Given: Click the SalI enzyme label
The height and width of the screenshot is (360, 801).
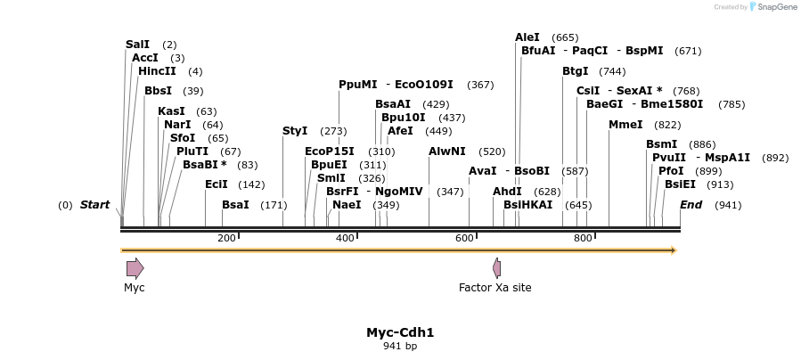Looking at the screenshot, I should [138, 44].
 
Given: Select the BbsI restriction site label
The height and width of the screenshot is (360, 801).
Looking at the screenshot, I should [158, 90].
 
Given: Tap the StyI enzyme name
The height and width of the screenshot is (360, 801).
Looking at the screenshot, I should [295, 131].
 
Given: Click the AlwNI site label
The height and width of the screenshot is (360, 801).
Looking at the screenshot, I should [446, 151].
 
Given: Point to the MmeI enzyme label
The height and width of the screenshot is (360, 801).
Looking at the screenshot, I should [625, 125].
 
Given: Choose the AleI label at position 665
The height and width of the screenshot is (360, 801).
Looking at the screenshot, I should [527, 37].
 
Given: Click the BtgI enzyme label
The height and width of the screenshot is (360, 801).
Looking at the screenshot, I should [576, 71].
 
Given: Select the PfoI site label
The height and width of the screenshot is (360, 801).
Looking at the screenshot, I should [671, 171].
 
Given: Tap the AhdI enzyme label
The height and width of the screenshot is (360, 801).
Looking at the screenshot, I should [507, 192].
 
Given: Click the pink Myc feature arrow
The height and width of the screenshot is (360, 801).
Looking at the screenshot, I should [135, 268].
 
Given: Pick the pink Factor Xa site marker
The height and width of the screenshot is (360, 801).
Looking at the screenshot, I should [496, 268].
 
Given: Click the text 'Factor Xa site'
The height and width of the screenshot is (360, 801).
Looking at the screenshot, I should [495, 288].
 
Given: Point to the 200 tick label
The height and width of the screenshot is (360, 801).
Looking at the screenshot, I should [226, 238].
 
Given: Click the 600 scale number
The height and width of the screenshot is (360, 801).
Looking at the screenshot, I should [464, 238].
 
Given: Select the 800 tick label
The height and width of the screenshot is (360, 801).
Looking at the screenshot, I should [583, 238].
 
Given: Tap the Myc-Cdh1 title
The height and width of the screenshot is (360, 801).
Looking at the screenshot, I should [400, 332].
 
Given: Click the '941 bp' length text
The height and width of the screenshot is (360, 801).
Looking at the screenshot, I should [400, 346].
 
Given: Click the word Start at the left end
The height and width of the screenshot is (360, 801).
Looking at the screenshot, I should [95, 205].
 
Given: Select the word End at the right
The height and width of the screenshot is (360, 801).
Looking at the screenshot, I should [691, 205].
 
